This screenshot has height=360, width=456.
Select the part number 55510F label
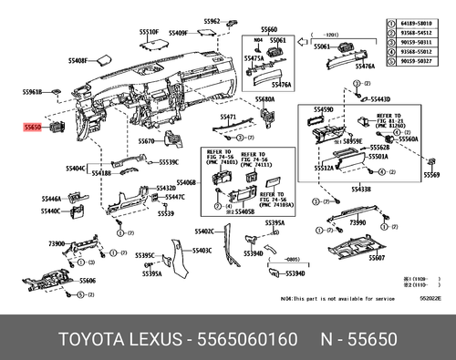click(x=149, y=32)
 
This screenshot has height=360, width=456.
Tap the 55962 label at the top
click(x=212, y=20)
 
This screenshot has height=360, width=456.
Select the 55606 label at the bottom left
click(x=87, y=281)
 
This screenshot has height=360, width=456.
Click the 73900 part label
click(x=57, y=244)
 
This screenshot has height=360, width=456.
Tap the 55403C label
click(x=202, y=250)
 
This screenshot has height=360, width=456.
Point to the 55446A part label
click(x=51, y=198)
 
